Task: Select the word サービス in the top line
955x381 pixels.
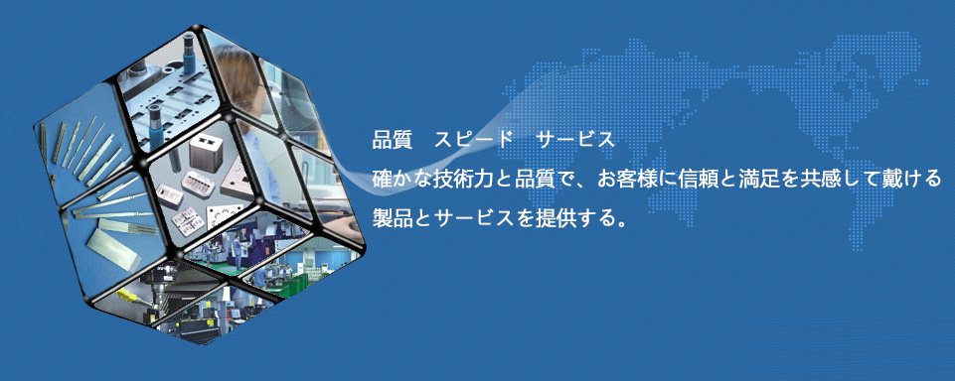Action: coord(575,140)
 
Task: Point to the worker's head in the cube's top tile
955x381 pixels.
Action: coord(240,80)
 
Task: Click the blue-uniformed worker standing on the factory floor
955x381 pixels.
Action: coord(237,253)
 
